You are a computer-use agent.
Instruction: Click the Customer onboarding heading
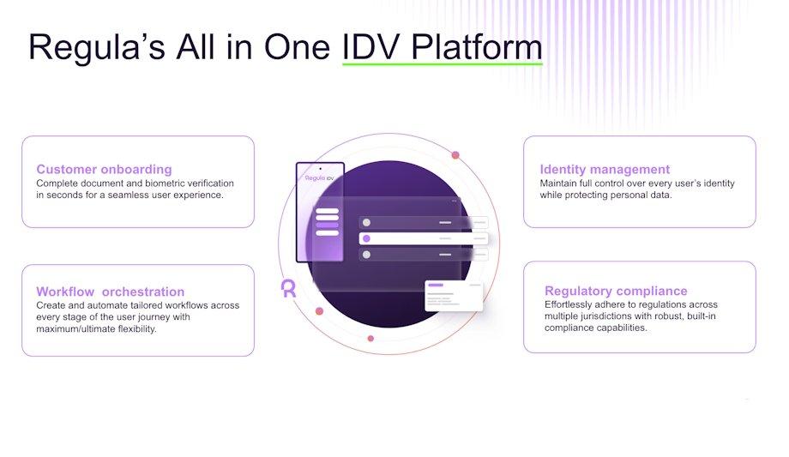point(104,169)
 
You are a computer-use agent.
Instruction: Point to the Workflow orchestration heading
point(110,292)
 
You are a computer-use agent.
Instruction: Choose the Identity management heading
point(605,169)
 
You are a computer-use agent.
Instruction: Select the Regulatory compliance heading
point(616,292)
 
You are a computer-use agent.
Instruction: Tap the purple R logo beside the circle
point(288,288)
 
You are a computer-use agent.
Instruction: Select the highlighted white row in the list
point(424,238)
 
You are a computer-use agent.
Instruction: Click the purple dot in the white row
point(366,238)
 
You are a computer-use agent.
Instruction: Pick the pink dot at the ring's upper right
point(455,155)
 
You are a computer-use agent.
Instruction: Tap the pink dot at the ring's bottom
point(370,338)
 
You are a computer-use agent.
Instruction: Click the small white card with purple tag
point(454,296)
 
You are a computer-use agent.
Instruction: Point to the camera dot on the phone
point(320,167)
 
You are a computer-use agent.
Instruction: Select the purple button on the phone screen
point(327,225)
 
